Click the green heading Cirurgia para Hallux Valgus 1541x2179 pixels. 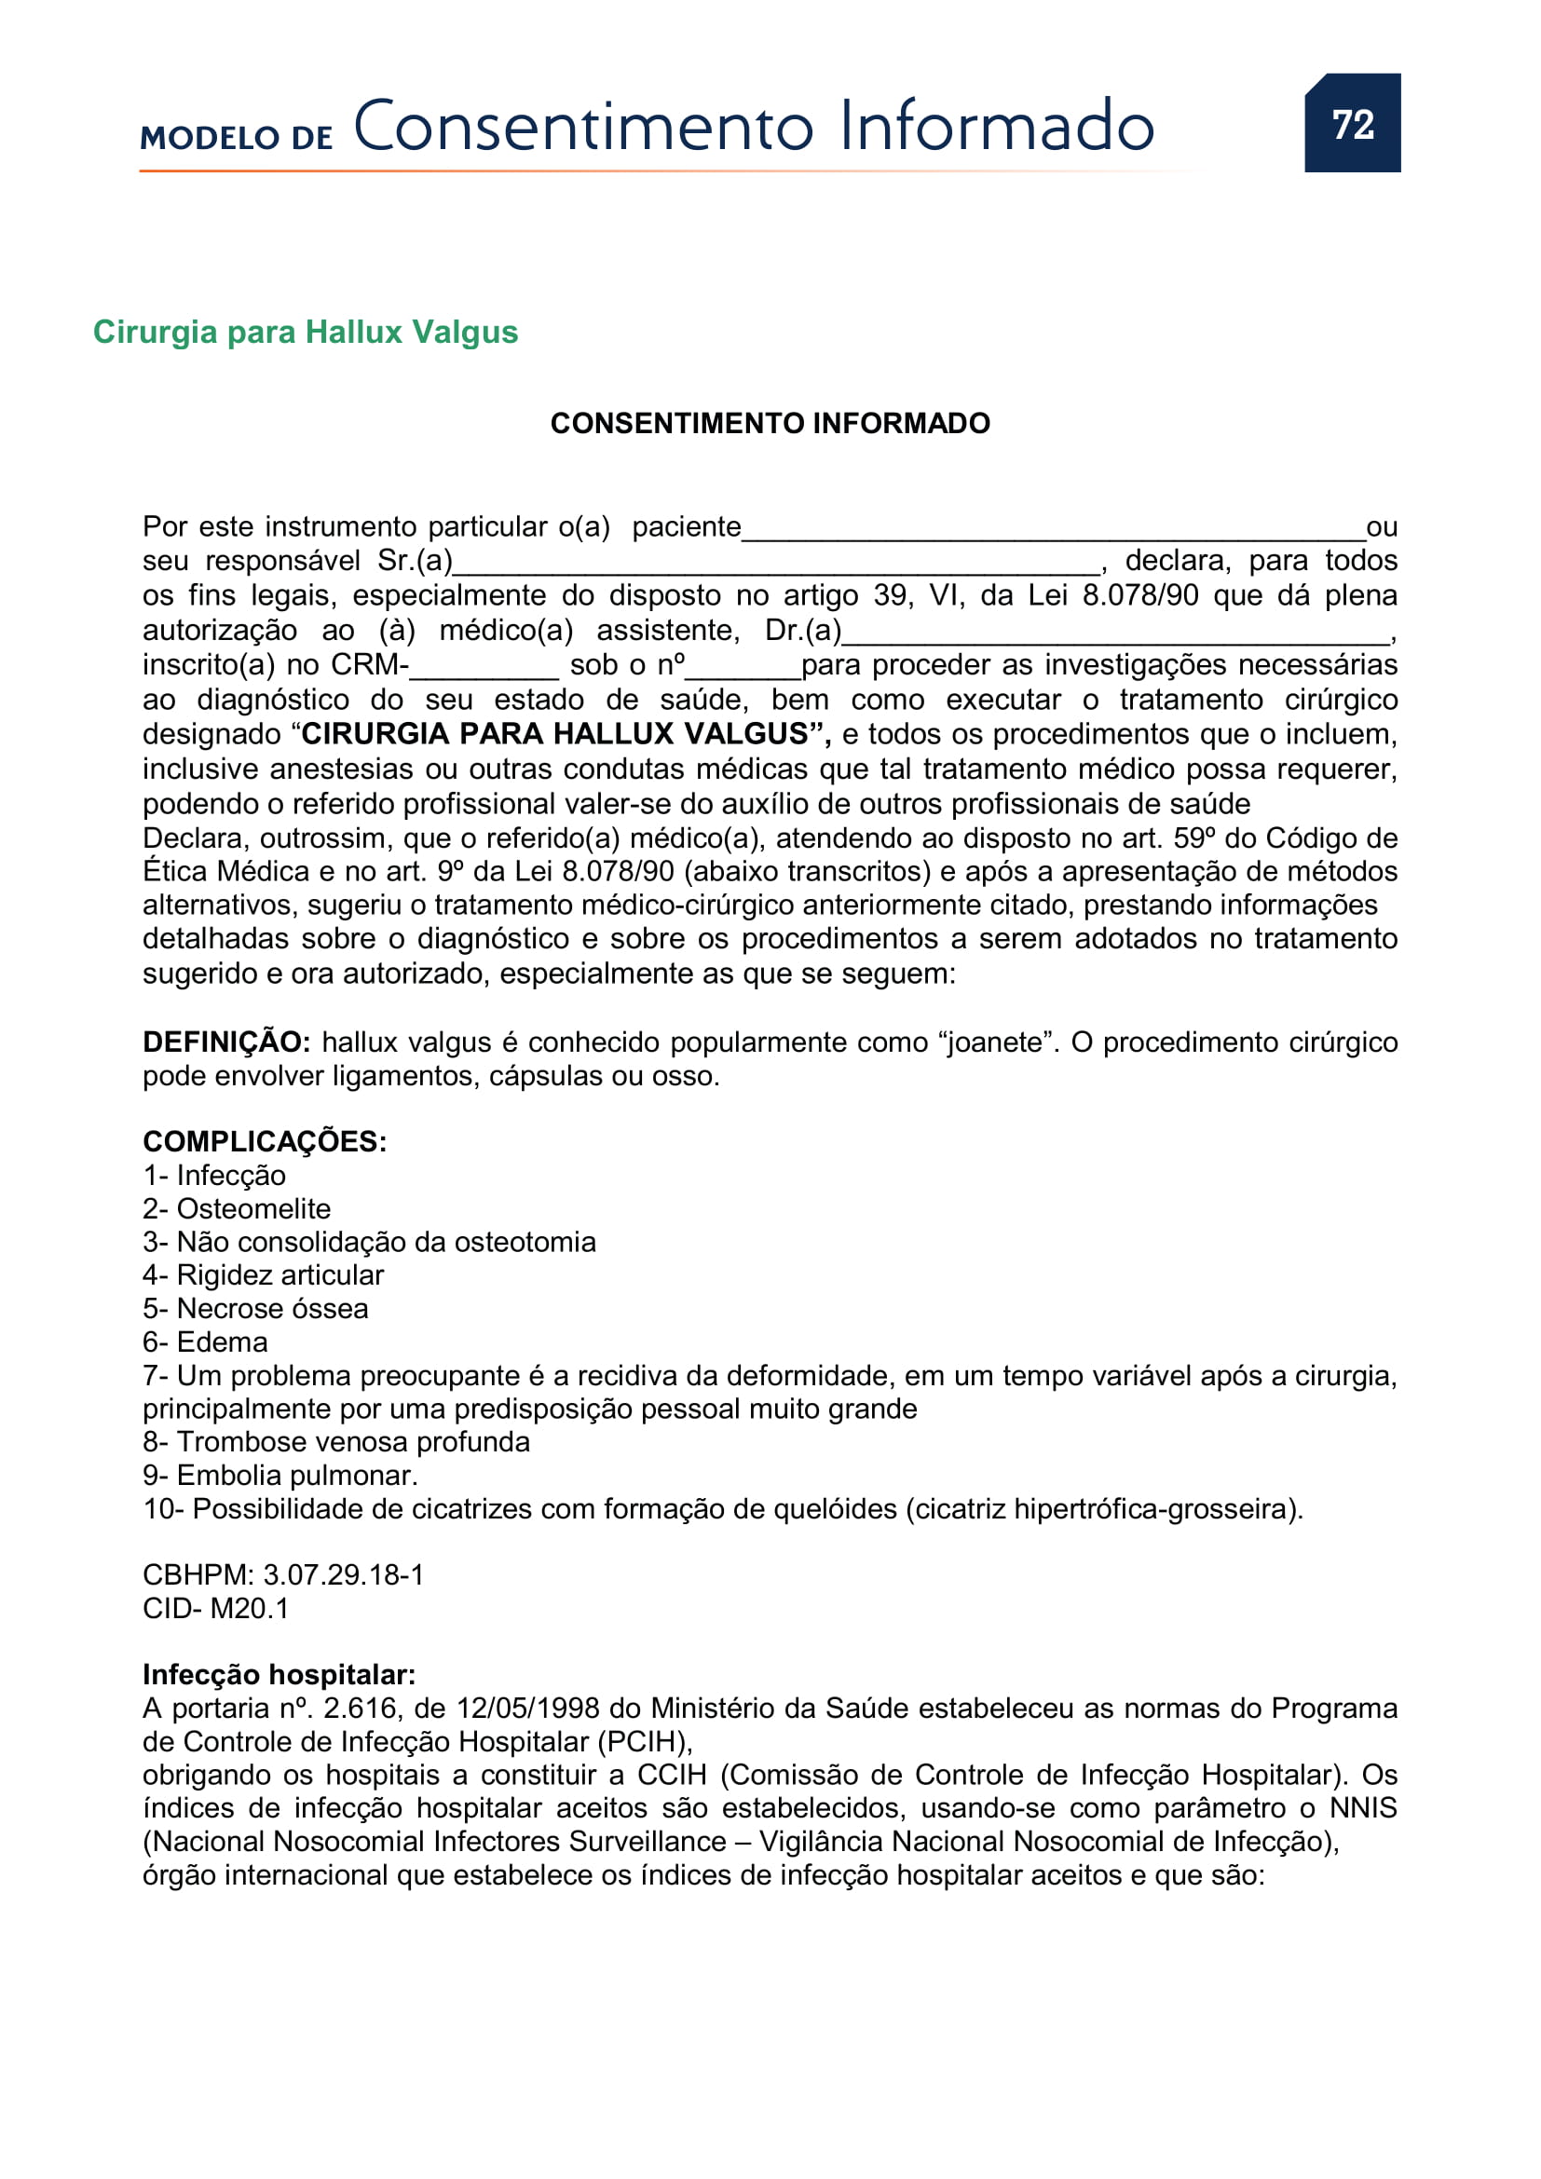305,333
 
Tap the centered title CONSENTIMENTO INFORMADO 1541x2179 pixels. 770,423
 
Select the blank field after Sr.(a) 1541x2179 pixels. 775,563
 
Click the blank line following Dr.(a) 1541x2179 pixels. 1115,632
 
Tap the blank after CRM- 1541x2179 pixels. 484,666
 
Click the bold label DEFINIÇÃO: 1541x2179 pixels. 225,1042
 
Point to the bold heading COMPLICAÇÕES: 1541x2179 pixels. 264,1142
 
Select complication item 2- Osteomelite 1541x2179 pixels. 237,1209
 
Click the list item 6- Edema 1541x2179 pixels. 205,1341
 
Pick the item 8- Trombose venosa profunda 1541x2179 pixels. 336,1441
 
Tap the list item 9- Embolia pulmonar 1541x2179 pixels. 280,1475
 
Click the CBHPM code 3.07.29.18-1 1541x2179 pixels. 343,1574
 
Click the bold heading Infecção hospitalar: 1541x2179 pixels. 279,1674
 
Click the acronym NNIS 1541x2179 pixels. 1363,1808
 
